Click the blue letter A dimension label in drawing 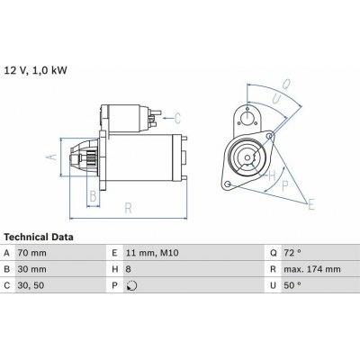coord(51,156)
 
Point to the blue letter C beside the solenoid coord(178,118)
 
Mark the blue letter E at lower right coord(310,206)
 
